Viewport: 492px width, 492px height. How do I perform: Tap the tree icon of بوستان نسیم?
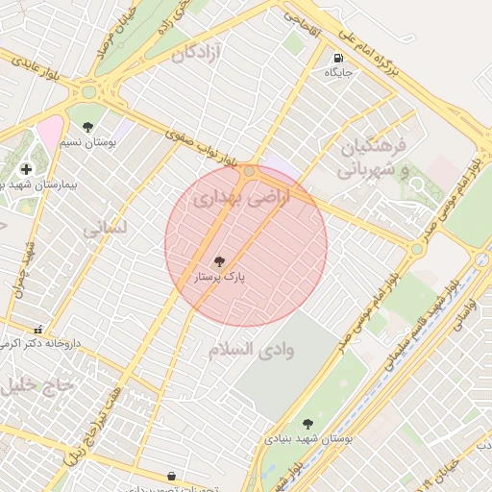[88, 127]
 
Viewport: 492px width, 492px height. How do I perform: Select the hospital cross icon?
[25, 169]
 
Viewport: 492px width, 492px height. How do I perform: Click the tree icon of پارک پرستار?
[219, 260]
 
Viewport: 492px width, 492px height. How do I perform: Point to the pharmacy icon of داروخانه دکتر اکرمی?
[37, 329]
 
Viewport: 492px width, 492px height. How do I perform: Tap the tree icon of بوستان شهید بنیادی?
[307, 423]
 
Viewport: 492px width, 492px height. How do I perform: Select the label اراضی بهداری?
[228, 199]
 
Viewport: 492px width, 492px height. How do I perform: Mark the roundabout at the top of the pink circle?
[250, 171]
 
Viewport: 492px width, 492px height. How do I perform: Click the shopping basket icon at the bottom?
[171, 476]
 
